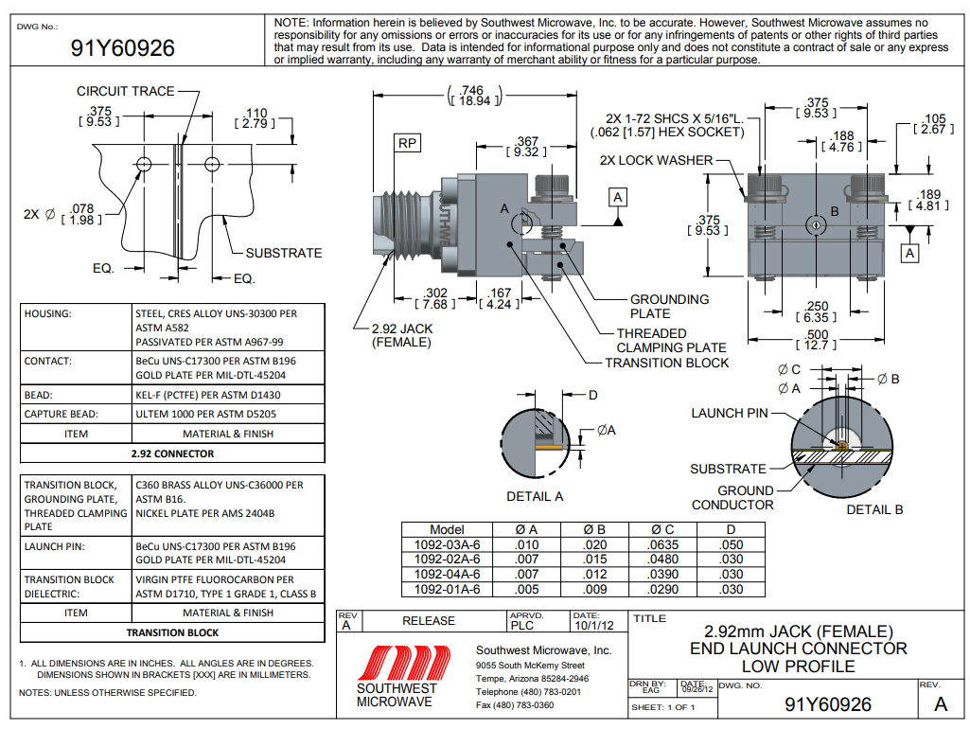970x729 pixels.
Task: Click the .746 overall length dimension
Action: coord(474,95)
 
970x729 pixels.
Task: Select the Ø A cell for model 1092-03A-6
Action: coord(526,545)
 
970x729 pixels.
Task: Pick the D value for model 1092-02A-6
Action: coord(730,560)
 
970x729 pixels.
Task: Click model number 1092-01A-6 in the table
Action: coord(448,589)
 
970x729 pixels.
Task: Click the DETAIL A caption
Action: coord(535,496)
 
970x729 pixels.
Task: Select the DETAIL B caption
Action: coord(874,509)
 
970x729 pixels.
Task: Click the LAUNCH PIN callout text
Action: coord(730,413)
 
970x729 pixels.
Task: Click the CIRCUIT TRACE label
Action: coord(125,91)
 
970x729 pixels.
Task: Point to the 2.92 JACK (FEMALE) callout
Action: coord(401,335)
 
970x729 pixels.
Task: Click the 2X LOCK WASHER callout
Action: coord(656,160)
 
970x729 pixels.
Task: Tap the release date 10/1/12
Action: coord(593,625)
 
